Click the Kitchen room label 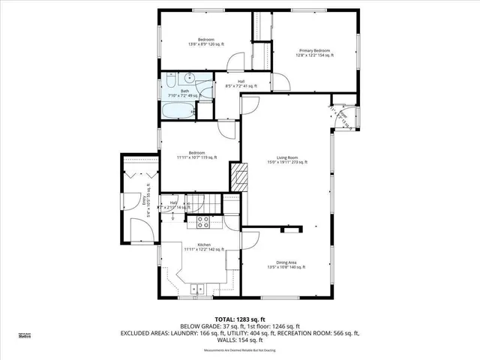pos(203,247)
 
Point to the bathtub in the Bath pos(178,111)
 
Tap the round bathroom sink pos(190,78)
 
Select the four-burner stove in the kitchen pos(202,222)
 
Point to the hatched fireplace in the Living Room pos(238,178)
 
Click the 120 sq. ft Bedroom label pos(206,41)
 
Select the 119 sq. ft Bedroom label pos(197,155)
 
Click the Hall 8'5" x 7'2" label pos(241,84)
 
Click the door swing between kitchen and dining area pos(249,241)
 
